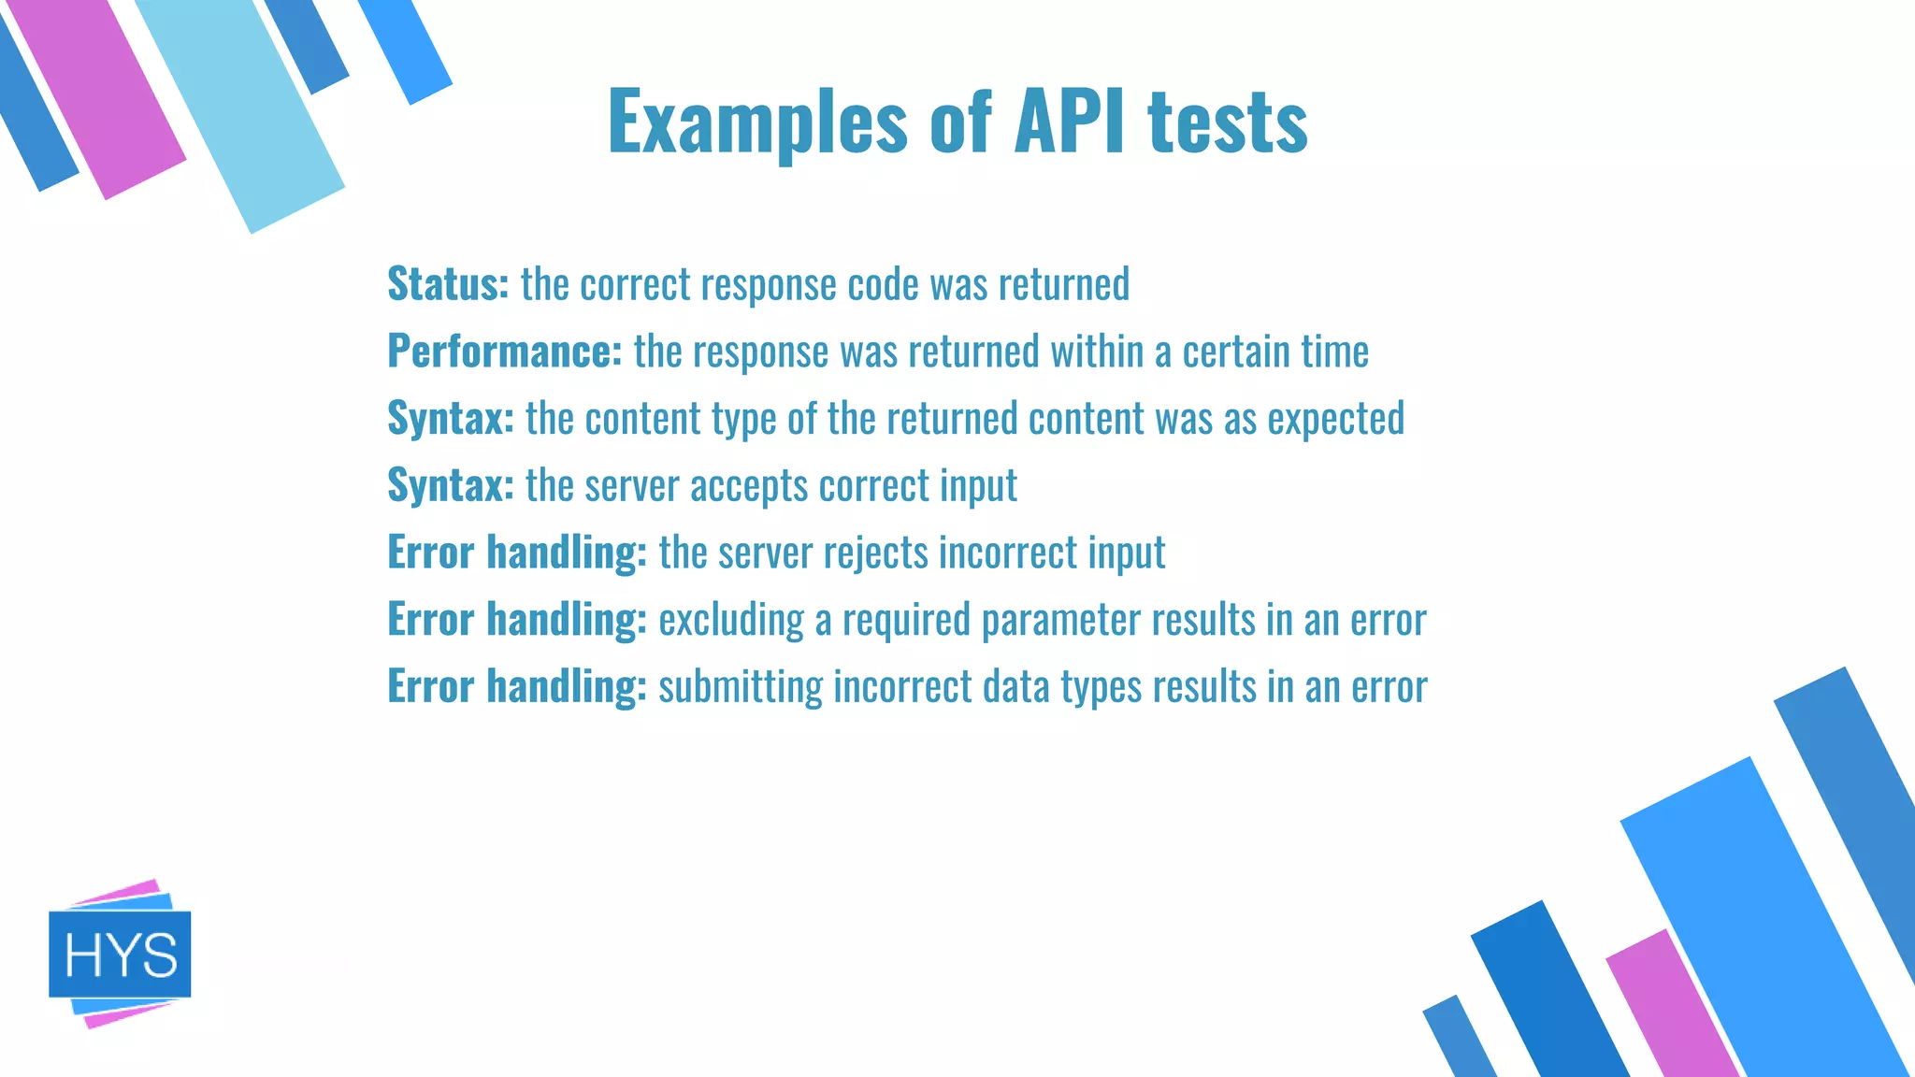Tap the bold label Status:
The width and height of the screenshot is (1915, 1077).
pyautogui.click(x=448, y=283)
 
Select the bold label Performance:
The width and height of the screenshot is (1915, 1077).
pyautogui.click(x=505, y=351)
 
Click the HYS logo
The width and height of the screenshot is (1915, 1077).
pyautogui.click(x=120, y=954)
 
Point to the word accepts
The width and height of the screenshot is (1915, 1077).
pyautogui.click(x=748, y=485)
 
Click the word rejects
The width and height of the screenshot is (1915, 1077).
pyautogui.click(x=875, y=553)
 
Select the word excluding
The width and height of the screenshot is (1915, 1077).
pyautogui.click(x=731, y=620)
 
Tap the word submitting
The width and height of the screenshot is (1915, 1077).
pyautogui.click(x=741, y=687)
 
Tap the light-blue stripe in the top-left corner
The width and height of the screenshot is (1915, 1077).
pyautogui.click(x=243, y=112)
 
